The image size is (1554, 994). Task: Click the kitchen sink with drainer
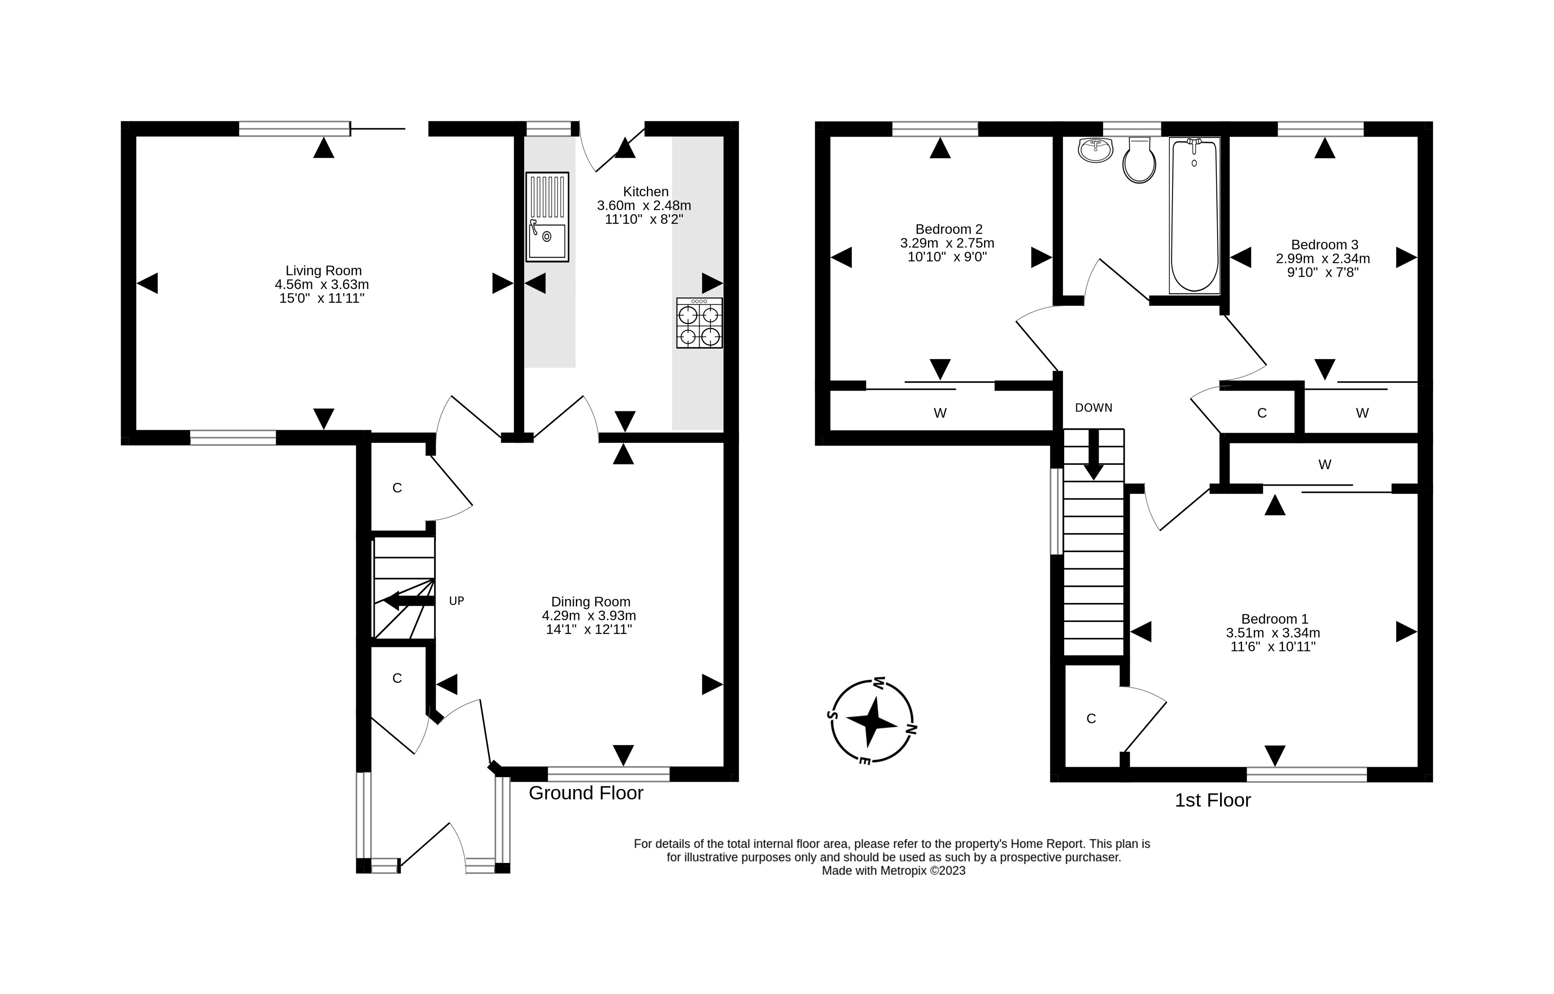(547, 217)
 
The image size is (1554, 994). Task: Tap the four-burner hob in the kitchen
(699, 323)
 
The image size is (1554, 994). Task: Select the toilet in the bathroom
(1139, 161)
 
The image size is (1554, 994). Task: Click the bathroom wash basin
(1095, 150)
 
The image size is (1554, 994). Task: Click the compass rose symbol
(872, 722)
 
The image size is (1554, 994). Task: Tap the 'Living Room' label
(323, 270)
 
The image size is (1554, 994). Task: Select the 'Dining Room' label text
(590, 601)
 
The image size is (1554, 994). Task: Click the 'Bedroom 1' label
(1274, 618)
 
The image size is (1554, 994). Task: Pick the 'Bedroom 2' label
(949, 229)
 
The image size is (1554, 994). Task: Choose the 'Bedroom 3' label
(1324, 245)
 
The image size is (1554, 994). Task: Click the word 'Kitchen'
(645, 192)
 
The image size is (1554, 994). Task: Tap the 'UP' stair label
(456, 601)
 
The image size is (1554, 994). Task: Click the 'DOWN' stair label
(1093, 407)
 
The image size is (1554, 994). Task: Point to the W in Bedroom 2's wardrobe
(940, 413)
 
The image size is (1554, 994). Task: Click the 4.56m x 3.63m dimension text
(321, 284)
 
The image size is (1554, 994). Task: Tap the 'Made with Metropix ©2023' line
(893, 871)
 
